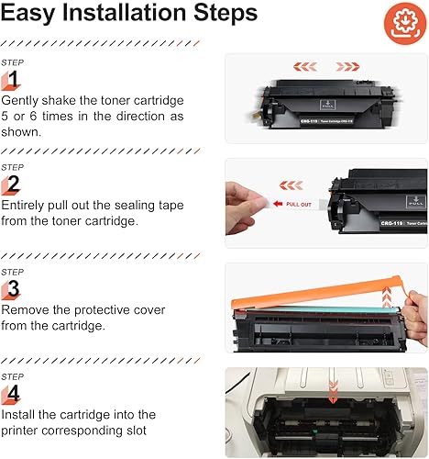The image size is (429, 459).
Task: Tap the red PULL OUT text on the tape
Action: [x=299, y=204]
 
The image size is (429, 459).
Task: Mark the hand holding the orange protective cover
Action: [x=414, y=321]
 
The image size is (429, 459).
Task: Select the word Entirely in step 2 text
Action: [x=27, y=205]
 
